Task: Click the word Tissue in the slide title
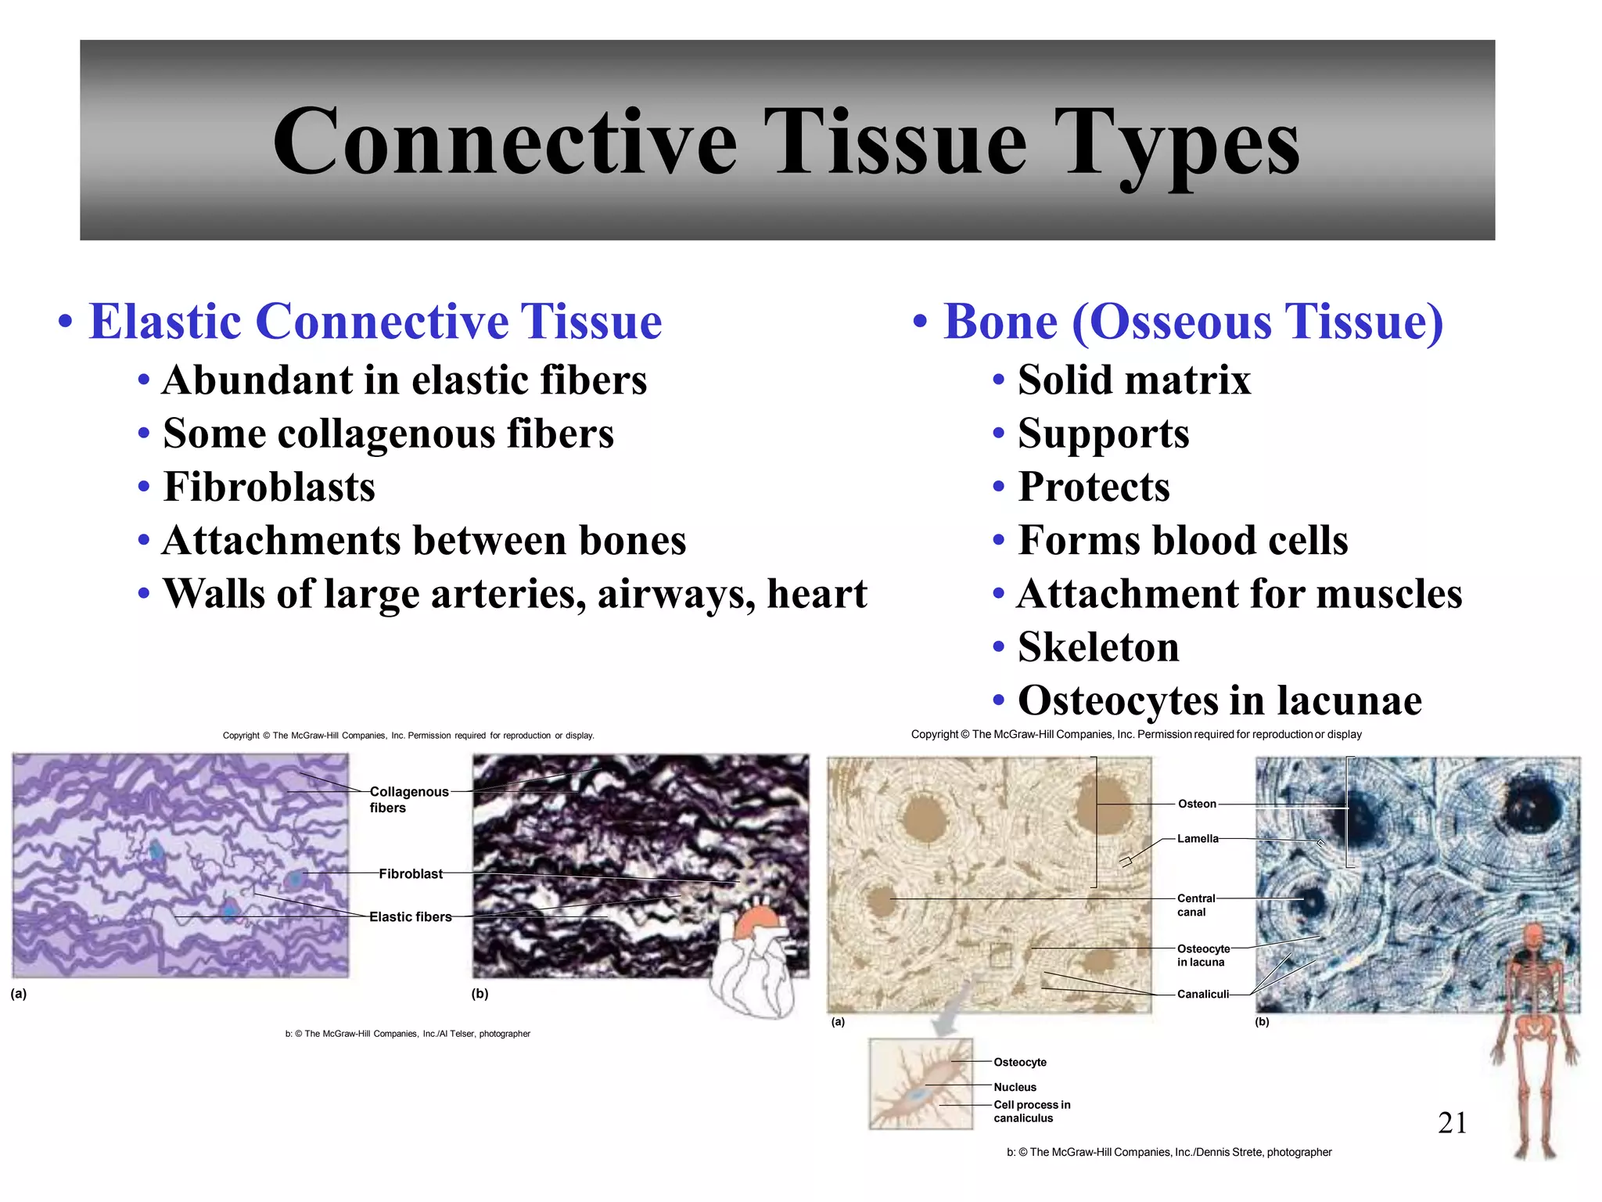click(895, 142)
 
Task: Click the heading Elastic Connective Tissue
click(375, 322)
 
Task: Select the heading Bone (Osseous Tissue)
click(1192, 322)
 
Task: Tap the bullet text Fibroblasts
click(269, 487)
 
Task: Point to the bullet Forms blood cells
click(1183, 540)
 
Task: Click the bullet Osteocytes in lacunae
click(1219, 700)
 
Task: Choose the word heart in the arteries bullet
click(817, 593)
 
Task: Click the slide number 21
click(1452, 1123)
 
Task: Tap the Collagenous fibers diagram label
click(408, 799)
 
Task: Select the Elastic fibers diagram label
click(410, 916)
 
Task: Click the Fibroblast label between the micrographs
click(410, 873)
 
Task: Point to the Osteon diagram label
click(1197, 804)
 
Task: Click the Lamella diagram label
click(1198, 838)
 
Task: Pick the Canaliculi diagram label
click(1202, 994)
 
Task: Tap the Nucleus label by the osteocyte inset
click(1015, 1087)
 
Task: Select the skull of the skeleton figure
click(1533, 936)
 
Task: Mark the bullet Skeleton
click(1098, 647)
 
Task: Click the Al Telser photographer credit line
click(408, 1034)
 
